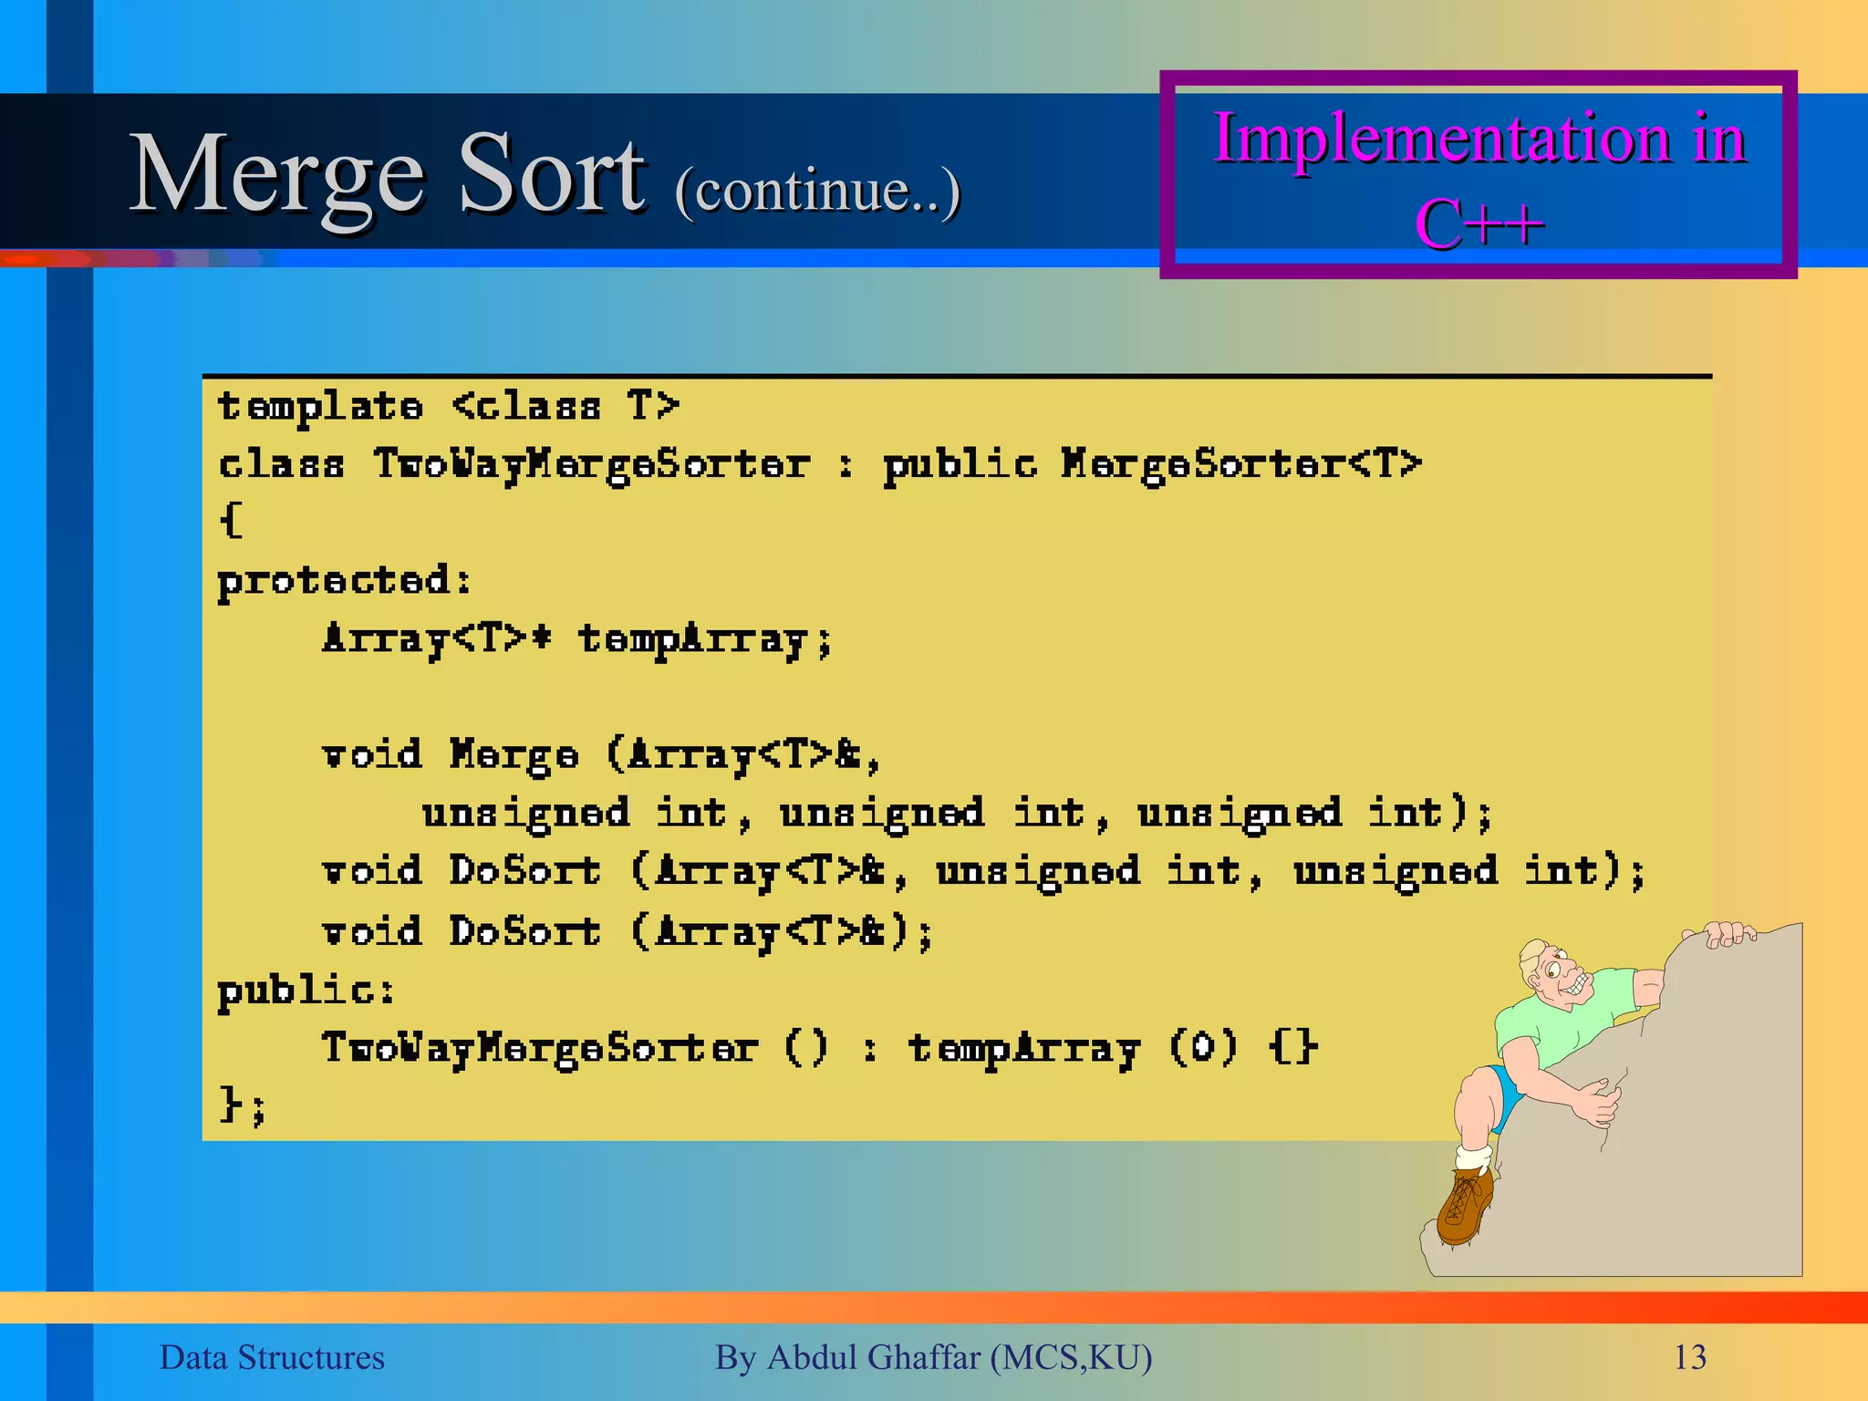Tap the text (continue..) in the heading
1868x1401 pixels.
coord(817,191)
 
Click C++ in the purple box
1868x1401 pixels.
coord(1479,223)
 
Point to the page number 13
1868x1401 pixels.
coord(1689,1357)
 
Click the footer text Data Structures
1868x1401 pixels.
coord(272,1357)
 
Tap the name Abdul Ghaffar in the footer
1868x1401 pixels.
coord(874,1357)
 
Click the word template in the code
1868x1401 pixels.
coord(320,407)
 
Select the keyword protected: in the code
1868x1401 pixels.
coord(344,581)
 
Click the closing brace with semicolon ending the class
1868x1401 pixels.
coord(242,1105)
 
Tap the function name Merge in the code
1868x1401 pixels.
coord(514,756)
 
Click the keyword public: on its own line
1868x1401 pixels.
coord(306,991)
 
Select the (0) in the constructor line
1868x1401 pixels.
coord(1203,1047)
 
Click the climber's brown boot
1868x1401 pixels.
coord(1465,1206)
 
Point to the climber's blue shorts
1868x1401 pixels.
coord(1505,1090)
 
